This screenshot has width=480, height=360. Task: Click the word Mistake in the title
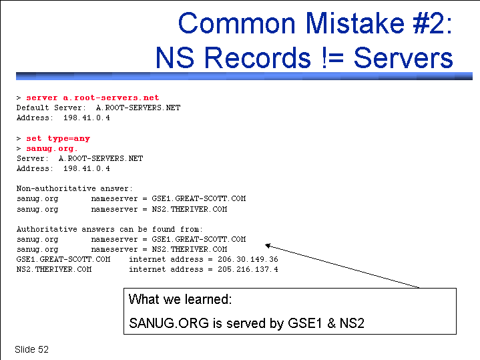coord(354,23)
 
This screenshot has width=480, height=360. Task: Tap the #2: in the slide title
coord(432,23)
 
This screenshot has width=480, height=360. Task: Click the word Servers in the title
coord(403,57)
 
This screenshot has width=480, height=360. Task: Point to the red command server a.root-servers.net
coord(92,98)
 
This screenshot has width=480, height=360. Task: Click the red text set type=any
coord(58,138)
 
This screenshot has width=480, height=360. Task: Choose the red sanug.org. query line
coord(51,148)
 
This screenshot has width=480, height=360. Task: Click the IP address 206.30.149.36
coord(248,260)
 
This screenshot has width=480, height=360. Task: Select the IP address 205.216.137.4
coord(248,270)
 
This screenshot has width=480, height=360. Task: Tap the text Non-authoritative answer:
coord(75,188)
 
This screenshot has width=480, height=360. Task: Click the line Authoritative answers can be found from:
coord(109,229)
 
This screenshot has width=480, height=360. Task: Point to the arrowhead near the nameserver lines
coord(268,245)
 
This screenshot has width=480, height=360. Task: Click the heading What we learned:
coord(180,299)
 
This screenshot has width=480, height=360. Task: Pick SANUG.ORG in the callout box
coord(169,323)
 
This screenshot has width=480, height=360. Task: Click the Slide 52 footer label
coord(31,349)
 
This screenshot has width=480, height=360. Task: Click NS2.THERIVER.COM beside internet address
coord(54,270)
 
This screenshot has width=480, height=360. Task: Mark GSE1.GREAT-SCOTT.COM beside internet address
coord(63,260)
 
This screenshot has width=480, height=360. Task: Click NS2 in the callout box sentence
coord(352,323)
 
